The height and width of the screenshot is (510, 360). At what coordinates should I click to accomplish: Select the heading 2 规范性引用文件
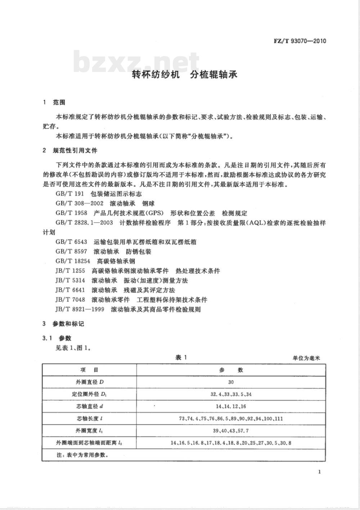click(70, 150)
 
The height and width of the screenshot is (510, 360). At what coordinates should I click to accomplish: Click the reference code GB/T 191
click(69, 194)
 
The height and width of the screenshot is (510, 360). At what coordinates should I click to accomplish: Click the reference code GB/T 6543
click(71, 242)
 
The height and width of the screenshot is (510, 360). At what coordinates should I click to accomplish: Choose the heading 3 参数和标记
click(63, 324)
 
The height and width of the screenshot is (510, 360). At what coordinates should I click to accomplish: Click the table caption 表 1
click(181, 358)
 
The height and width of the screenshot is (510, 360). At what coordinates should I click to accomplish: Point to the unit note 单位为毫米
click(306, 358)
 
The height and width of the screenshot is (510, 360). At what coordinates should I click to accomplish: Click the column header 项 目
click(89, 370)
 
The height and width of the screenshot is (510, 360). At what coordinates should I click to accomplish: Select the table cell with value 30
click(231, 382)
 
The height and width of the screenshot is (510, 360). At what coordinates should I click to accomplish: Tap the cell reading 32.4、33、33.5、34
click(231, 395)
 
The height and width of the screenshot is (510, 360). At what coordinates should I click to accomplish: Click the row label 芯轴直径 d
click(89, 407)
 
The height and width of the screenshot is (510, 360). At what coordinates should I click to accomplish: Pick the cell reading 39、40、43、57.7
click(231, 431)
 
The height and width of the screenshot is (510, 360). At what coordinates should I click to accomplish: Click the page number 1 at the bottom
click(319, 472)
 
